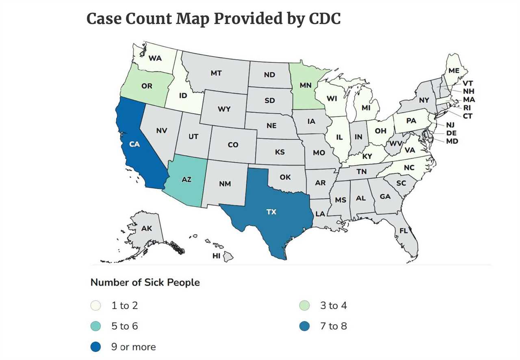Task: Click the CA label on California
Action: click(134, 144)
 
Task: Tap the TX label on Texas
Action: click(271, 212)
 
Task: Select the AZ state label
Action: click(186, 179)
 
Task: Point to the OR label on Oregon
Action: click(147, 86)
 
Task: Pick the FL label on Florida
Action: click(403, 231)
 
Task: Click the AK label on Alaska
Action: click(147, 229)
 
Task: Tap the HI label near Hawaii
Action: click(217, 256)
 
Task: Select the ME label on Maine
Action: click(454, 71)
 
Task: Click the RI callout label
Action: click(467, 108)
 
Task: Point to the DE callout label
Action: click(451, 133)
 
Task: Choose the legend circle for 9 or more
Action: click(95, 347)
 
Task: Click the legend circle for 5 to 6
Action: click(95, 326)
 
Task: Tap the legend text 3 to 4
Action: click(333, 306)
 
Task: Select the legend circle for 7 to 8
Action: click(304, 326)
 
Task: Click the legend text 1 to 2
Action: click(125, 306)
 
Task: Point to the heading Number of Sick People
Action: click(145, 282)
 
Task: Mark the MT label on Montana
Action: click(216, 73)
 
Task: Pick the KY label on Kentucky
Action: click(367, 156)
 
